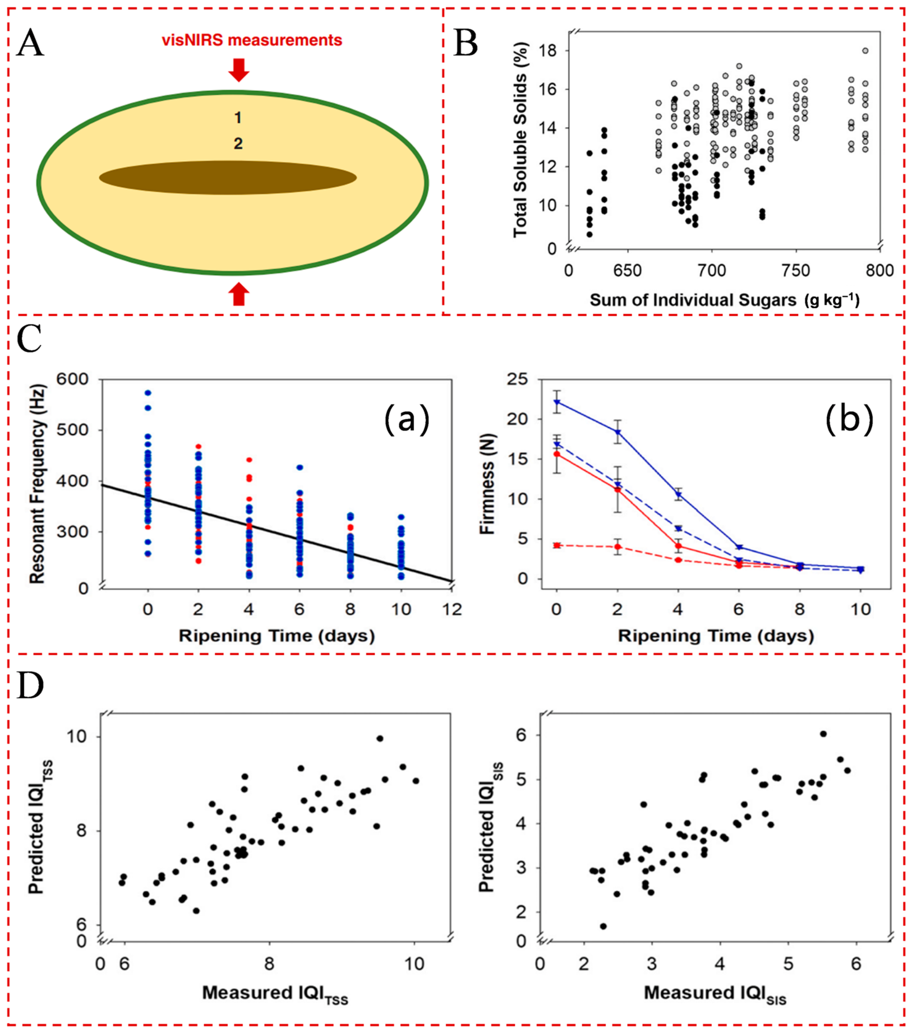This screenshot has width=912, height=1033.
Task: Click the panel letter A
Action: pyautogui.click(x=30, y=43)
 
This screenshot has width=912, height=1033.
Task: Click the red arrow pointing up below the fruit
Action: pyautogui.click(x=239, y=294)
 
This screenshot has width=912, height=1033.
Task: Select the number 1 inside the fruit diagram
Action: pyautogui.click(x=238, y=118)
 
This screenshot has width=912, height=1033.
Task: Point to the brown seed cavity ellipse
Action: pyautogui.click(x=228, y=178)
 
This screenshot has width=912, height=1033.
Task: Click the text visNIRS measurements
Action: pyautogui.click(x=252, y=40)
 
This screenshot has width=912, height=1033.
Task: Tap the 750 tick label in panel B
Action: pyautogui.click(x=796, y=271)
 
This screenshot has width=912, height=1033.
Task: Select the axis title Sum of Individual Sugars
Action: pyautogui.click(x=693, y=300)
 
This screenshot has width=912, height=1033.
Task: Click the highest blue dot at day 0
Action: pyautogui.click(x=148, y=393)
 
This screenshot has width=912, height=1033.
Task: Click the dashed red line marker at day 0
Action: pyautogui.click(x=556, y=545)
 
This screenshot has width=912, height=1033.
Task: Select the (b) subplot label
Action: pyautogui.click(x=849, y=420)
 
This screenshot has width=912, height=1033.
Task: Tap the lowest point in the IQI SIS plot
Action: pyautogui.click(x=603, y=926)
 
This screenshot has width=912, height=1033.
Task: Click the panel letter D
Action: pyautogui.click(x=30, y=685)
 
